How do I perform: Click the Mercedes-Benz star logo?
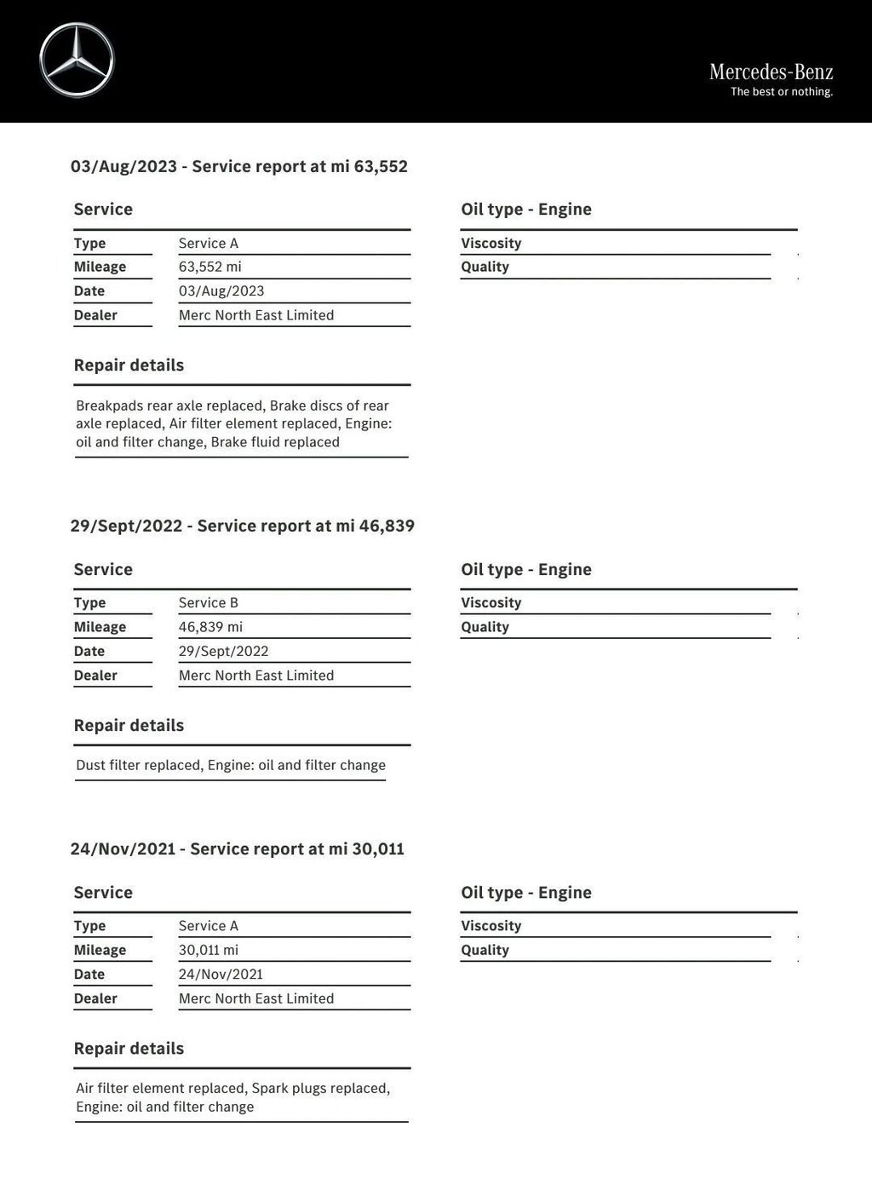coord(77,60)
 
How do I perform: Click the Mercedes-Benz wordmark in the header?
coord(771,72)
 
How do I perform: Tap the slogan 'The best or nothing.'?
coord(781,92)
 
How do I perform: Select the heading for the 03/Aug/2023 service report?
coord(238,167)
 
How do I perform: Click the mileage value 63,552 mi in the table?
coord(209,267)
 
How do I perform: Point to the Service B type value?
coord(208,603)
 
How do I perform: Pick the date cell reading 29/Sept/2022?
coord(223,652)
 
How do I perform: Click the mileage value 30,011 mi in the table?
coord(208,951)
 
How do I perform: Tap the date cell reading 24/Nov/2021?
coord(221,975)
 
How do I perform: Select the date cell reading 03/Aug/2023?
coord(221,291)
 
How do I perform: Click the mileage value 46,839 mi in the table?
coord(210,627)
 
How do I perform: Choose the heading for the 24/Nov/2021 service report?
coord(237,849)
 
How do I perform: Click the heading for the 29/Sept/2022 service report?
coord(242,526)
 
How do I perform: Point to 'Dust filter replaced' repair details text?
coord(139,766)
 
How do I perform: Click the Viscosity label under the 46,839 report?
coord(490,603)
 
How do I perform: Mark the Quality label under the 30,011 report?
coord(485,951)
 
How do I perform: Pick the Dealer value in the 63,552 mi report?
coord(255,315)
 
